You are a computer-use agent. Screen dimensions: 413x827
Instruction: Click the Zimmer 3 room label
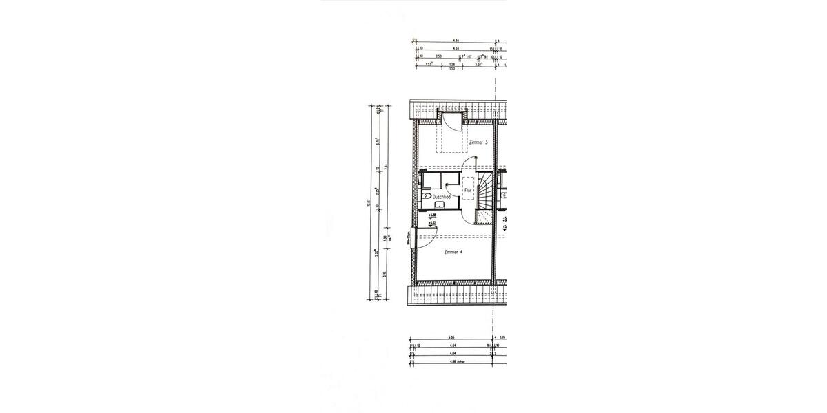478,142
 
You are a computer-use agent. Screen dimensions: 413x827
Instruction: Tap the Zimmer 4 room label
453,252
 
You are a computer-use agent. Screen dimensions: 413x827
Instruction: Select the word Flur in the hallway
467,189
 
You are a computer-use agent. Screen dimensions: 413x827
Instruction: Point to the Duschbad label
441,198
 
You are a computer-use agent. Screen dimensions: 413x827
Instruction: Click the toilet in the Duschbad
426,196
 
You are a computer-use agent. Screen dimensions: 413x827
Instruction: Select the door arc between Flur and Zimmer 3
470,165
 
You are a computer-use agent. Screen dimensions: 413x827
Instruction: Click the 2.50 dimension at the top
438,56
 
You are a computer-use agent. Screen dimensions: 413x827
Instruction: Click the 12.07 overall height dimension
370,203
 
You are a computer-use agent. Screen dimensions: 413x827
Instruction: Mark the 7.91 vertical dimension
387,166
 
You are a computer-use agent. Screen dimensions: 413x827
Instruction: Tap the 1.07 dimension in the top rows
469,56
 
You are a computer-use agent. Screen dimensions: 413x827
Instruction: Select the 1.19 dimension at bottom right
502,337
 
